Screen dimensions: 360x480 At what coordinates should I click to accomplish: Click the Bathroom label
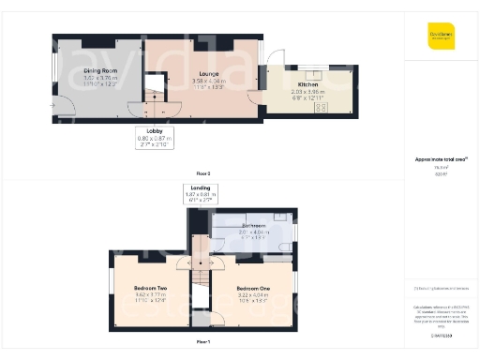(254, 226)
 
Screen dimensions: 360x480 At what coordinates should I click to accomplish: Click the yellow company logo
(441, 37)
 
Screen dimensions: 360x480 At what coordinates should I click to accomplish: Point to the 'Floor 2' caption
(203, 174)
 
